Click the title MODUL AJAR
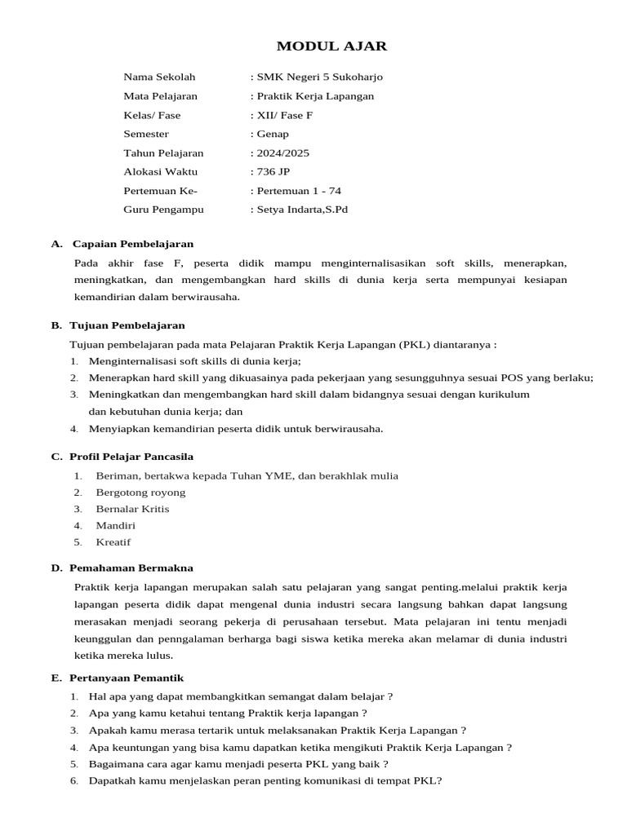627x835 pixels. (331, 46)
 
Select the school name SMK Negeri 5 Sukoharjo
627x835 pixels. (319, 77)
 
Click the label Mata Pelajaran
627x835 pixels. (160, 96)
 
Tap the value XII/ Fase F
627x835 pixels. (284, 115)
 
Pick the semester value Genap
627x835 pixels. (273, 134)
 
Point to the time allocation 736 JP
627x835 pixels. (273, 171)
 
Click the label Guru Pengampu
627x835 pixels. (163, 210)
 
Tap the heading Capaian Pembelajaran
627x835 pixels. (133, 244)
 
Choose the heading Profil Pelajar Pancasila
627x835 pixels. (131, 457)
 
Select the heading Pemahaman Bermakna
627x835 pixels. (131, 568)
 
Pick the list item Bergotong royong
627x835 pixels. (140, 493)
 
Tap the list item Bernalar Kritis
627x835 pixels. (132, 509)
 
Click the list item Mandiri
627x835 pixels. (116, 526)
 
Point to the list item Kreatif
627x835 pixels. (113, 542)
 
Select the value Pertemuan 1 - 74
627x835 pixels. (299, 191)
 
